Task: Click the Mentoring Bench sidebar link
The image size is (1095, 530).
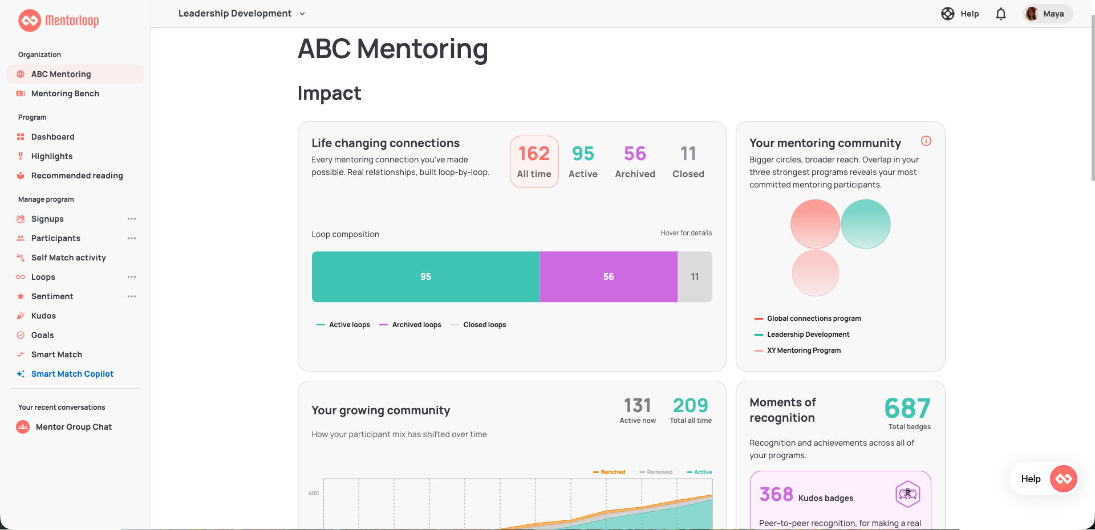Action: coord(65,93)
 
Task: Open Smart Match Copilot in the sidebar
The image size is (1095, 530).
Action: coord(72,374)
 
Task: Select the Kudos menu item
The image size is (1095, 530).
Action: coord(43,316)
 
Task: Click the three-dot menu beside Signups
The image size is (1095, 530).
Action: coord(132,219)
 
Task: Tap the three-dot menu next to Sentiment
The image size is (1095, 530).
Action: coord(132,296)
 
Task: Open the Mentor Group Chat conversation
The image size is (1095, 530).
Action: coord(74,427)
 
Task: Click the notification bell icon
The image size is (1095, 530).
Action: coord(1001,14)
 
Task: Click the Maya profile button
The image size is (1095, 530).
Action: coord(1048,14)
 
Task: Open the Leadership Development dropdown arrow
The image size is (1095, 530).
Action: coord(302,14)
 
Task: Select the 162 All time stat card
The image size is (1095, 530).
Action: coord(534,162)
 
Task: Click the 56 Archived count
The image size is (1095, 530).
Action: coord(635,162)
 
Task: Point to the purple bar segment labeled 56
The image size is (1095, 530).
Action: coord(609,276)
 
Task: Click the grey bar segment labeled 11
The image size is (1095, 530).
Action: coord(695,276)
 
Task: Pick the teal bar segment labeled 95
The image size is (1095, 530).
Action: coord(425,276)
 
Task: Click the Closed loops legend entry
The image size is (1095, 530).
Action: coord(478,325)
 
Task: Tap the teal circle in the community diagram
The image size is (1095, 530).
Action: coord(866,224)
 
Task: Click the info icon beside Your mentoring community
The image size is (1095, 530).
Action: coord(926,141)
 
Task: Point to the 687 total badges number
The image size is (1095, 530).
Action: coord(907,408)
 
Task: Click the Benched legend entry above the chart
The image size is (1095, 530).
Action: coord(609,472)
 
